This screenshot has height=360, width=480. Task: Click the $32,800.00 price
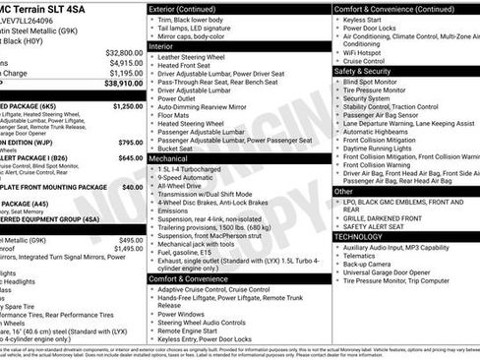point(124,52)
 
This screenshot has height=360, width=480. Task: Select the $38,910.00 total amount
point(123,85)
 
